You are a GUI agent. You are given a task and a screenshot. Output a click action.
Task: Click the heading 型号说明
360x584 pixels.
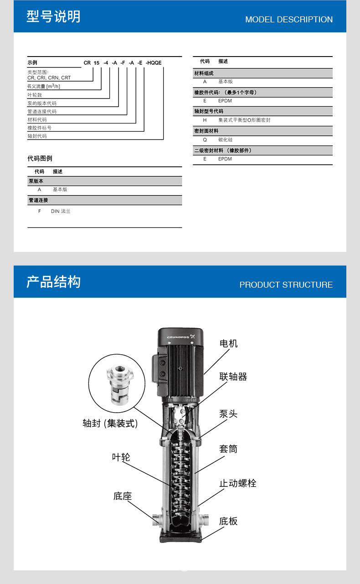[x=53, y=17]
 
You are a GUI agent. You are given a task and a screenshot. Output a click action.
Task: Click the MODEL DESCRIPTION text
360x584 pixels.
[x=289, y=20]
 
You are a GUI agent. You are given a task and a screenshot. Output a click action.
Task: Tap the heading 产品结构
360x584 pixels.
[x=53, y=282]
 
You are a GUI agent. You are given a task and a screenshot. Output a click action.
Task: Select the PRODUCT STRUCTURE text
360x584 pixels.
[x=286, y=285]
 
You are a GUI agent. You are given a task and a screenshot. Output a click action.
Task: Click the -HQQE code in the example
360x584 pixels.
[x=154, y=63]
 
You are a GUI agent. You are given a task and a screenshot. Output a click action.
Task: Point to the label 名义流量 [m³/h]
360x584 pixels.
[x=44, y=86]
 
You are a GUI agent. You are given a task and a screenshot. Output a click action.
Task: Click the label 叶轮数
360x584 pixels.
[x=35, y=95]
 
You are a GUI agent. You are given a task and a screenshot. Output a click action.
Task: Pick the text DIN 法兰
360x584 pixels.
[x=61, y=212]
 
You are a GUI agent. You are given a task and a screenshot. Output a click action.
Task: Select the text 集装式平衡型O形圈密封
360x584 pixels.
[x=244, y=120]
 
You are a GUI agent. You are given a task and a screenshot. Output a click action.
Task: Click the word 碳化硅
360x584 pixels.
[x=225, y=140]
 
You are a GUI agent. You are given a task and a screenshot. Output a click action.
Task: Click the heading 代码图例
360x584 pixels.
[x=40, y=159]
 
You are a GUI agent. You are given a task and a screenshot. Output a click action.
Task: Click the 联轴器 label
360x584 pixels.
[x=233, y=377]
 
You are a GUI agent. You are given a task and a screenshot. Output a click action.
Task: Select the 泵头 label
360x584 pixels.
[x=228, y=414]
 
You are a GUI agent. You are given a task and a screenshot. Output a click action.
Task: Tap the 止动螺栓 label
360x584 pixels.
[x=237, y=483]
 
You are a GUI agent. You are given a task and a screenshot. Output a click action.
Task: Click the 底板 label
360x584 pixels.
[x=228, y=521]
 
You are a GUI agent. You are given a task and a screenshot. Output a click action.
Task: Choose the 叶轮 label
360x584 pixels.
[x=121, y=457]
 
